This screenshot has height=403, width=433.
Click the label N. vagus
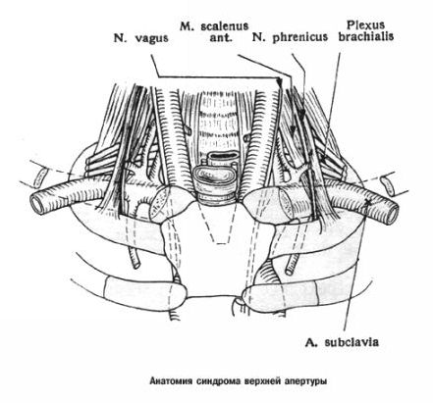click(x=141, y=37)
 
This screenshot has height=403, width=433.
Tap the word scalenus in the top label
click(x=225, y=25)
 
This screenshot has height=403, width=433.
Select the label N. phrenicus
click(x=290, y=37)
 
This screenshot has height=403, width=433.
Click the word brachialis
click(x=366, y=36)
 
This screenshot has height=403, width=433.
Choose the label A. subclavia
click(x=342, y=342)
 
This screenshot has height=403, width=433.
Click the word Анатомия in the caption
click(x=172, y=381)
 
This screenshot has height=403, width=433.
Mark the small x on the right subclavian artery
click(x=369, y=203)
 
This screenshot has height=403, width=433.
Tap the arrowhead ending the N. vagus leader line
click(x=279, y=82)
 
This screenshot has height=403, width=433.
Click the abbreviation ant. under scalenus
click(x=221, y=37)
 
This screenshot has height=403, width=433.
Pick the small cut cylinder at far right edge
click(x=388, y=184)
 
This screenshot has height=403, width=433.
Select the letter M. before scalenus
click(x=188, y=25)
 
